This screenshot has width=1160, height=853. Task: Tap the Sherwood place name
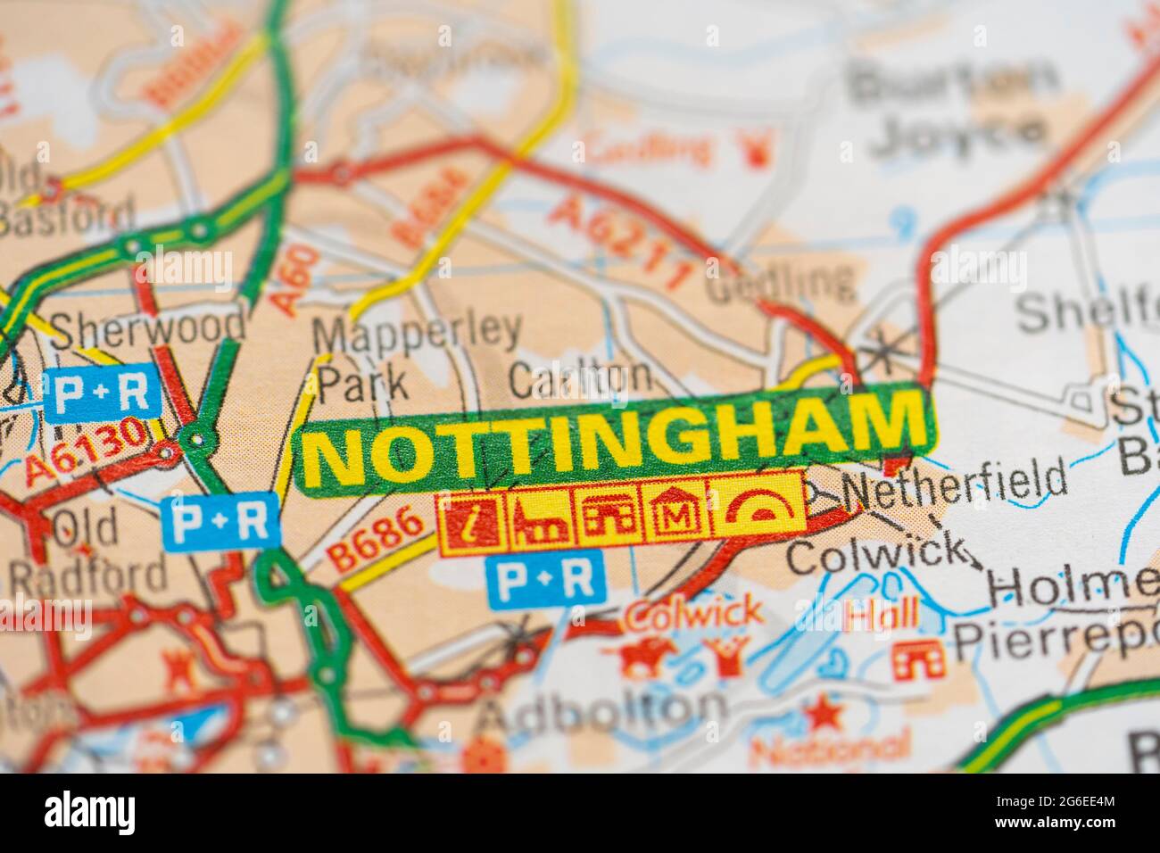(x=147, y=327)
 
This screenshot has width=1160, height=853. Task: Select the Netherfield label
(x=953, y=484)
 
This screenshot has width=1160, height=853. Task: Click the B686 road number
(x=376, y=538)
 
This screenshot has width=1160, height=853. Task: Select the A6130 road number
(x=87, y=451)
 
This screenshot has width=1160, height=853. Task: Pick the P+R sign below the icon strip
(x=545, y=577)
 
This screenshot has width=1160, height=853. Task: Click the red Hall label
(x=882, y=614)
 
